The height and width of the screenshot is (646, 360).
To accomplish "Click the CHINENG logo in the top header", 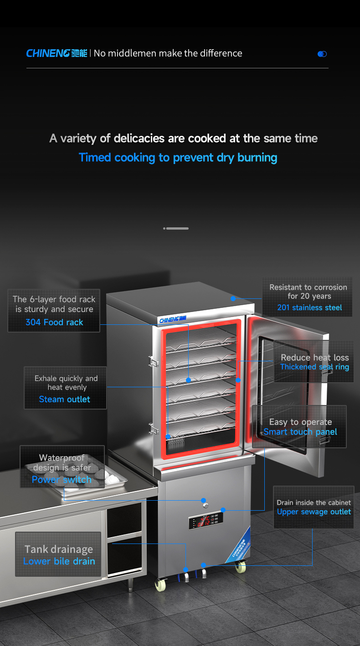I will [x=57, y=53].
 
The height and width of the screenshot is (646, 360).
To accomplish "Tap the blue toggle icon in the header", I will [x=322, y=54].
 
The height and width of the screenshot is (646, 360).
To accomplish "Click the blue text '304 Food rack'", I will [x=54, y=322].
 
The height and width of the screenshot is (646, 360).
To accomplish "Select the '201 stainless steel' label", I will [x=309, y=308].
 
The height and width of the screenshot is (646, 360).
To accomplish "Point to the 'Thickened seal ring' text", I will [x=314, y=367].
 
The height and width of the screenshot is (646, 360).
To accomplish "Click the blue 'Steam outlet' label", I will [x=65, y=399].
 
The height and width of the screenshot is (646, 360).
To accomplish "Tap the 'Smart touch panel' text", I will [x=300, y=432].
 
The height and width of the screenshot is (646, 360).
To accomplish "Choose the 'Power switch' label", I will [x=62, y=479].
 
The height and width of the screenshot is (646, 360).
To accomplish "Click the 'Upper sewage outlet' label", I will [x=314, y=512].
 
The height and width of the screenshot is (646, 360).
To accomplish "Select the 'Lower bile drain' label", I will [x=59, y=561].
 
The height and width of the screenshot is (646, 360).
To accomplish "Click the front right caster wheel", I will [x=240, y=566].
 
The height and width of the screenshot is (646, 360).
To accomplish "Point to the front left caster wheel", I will [x=160, y=585].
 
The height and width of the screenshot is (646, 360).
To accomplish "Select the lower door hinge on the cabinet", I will [x=152, y=428].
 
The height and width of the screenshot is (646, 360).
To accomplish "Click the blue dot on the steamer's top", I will [x=233, y=298].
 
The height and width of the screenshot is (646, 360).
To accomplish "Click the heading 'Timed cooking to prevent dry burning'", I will [x=178, y=158].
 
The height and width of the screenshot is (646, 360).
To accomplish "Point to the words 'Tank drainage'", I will [x=59, y=549].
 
